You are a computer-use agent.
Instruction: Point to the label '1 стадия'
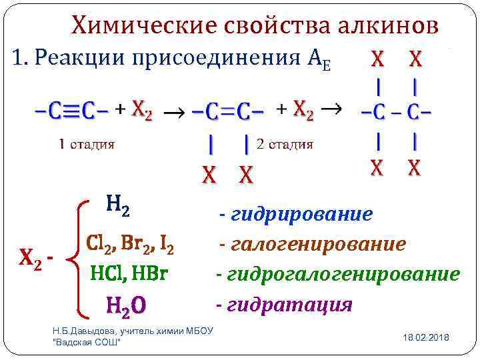coord(87,143)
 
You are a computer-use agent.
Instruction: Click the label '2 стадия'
coord(285,143)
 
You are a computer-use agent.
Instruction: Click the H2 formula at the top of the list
coord(117,207)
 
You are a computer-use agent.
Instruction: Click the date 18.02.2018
coord(426,338)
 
